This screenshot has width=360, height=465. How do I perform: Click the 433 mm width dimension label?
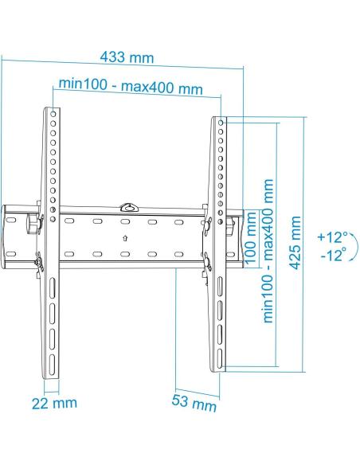(127, 58)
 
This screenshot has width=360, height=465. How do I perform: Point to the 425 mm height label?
(295, 244)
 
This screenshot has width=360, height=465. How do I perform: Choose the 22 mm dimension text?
(54, 403)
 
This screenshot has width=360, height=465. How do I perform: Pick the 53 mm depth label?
(194, 401)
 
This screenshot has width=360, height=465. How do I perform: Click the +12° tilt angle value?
(332, 237)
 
